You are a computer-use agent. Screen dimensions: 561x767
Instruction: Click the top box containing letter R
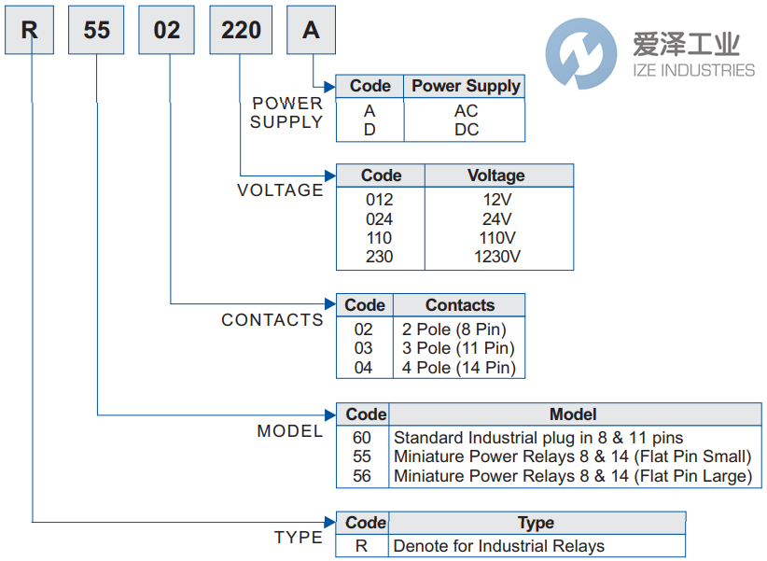click(x=31, y=30)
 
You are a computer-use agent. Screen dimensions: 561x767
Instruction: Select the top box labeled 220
click(x=241, y=30)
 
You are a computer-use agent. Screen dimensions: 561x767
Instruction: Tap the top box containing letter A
click(x=311, y=30)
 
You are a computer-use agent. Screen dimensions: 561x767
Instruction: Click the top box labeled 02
click(x=167, y=30)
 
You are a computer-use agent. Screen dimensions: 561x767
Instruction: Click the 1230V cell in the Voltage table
click(x=497, y=257)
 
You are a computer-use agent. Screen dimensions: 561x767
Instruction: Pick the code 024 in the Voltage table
click(x=380, y=219)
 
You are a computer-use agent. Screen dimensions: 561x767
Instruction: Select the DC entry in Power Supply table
click(x=466, y=130)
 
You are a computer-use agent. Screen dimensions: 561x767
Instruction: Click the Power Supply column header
click(x=466, y=86)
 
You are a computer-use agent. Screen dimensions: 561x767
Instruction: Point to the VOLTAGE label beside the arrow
click(x=280, y=190)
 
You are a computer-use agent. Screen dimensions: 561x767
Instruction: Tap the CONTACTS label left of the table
click(x=272, y=320)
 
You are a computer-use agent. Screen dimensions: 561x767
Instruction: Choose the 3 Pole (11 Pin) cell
click(x=458, y=348)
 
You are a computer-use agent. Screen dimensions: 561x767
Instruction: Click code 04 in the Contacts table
click(x=363, y=368)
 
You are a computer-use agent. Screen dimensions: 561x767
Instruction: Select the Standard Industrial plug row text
click(x=538, y=438)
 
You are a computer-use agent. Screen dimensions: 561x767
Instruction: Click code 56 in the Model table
click(x=362, y=476)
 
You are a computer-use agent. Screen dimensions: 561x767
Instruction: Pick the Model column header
click(x=573, y=414)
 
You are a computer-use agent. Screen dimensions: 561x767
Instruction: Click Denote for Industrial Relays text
click(x=498, y=546)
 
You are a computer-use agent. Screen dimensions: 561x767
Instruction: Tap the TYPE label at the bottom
click(x=299, y=538)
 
